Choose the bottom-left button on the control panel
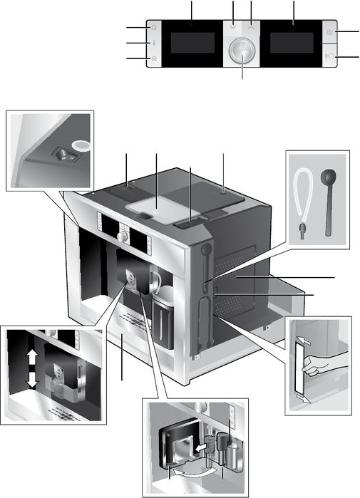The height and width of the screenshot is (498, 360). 155,58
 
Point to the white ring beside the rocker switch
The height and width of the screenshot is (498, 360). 81,145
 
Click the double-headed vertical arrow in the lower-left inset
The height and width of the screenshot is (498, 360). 32,368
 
